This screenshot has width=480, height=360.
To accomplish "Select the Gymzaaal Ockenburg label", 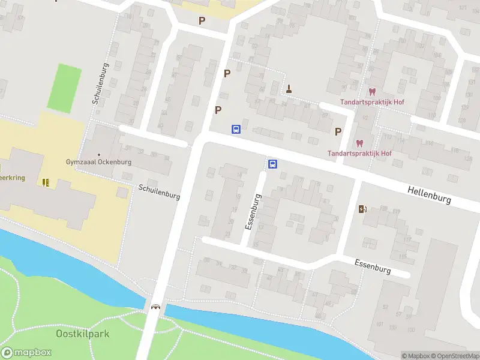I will [x=98, y=162].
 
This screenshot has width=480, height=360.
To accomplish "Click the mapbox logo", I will [x=25, y=353].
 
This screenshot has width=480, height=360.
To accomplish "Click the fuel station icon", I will [x=362, y=209].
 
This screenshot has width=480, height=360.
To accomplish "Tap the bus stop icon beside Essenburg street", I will [x=272, y=164].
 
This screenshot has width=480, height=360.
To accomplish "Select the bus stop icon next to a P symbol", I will [x=236, y=129].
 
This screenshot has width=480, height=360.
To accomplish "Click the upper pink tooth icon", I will [x=372, y=92].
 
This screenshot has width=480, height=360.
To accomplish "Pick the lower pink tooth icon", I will [x=359, y=143].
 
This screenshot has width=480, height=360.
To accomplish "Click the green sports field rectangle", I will [x=64, y=88].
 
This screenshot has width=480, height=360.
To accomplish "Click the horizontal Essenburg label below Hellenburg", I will [x=372, y=266].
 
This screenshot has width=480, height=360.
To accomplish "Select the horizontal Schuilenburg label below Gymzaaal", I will [x=159, y=192].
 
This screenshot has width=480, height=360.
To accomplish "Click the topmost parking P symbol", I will [x=202, y=20].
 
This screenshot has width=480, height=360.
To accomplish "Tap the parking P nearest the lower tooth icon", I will [x=338, y=131].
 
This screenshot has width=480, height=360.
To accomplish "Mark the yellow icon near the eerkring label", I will [x=46, y=182].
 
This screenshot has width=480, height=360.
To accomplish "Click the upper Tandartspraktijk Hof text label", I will [x=372, y=102].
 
